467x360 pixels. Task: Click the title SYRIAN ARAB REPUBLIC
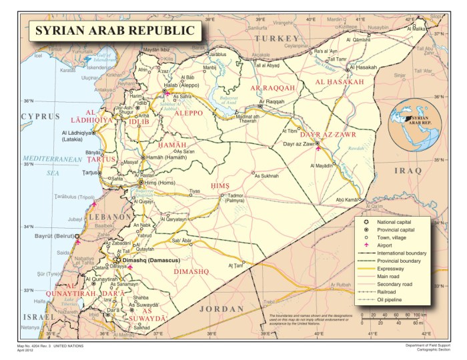coord(115,31)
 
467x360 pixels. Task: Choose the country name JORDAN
coord(222,309)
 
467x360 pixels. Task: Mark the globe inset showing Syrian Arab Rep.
coord(414,123)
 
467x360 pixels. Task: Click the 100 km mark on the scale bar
coord(420,314)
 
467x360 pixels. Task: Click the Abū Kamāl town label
coord(347,199)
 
